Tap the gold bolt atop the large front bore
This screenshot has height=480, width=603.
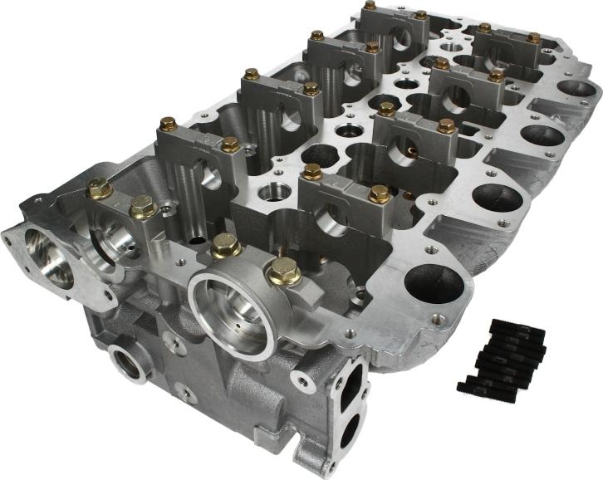pos(224,245)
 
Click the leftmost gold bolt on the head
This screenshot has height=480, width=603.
pos(99,189)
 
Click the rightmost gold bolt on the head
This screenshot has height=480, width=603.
pos(533,38)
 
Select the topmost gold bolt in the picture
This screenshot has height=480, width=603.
pos(370,7)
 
